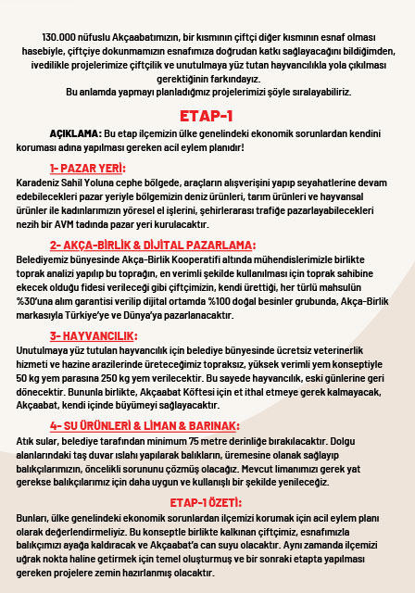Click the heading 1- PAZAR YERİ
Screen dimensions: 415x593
pyautogui.click(x=88, y=169)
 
